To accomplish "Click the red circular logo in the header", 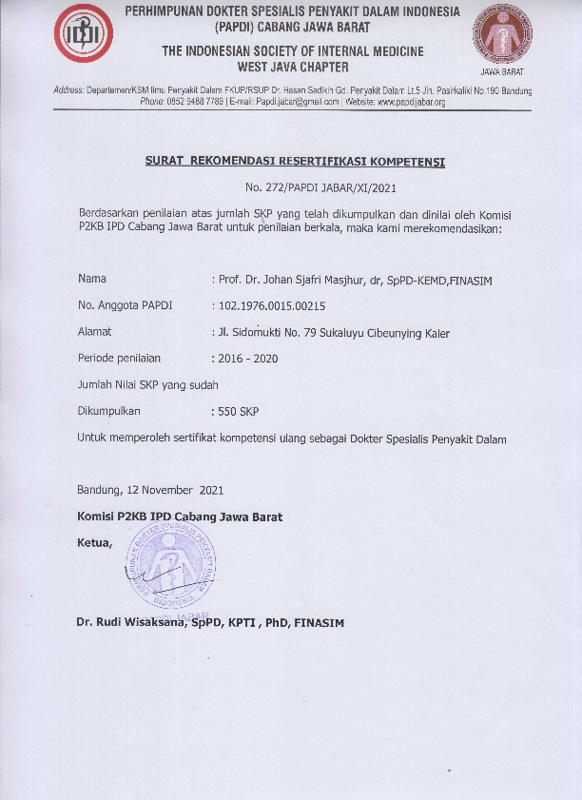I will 83,33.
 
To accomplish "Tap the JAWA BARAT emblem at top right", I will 502,38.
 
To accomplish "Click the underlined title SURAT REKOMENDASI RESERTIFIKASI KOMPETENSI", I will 295,162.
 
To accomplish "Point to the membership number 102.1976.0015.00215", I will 271,305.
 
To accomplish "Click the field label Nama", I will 91,279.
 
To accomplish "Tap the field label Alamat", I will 94,332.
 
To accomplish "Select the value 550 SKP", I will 238,412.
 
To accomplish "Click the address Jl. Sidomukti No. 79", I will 276,332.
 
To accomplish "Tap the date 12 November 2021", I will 175,491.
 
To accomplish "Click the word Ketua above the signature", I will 94,543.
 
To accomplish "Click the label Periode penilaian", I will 119,359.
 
